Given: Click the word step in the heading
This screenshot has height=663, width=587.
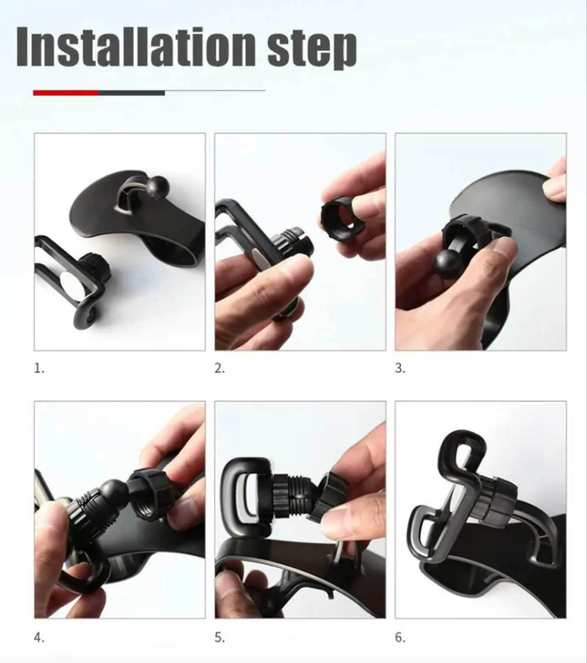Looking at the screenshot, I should click(x=312, y=49).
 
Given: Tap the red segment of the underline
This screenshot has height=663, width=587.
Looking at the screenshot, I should click(x=65, y=93).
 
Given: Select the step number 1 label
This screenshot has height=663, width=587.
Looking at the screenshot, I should click(x=39, y=369).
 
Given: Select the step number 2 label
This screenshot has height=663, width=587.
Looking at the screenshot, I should click(x=220, y=369).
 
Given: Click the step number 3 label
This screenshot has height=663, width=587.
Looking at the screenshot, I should click(x=400, y=369).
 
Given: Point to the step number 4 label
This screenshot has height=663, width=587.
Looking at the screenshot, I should click(x=39, y=637).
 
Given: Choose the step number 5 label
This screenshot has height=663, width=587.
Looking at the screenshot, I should click(x=220, y=637).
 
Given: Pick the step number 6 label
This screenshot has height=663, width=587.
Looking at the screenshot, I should click(x=400, y=637).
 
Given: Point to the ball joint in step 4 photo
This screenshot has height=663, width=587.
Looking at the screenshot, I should click(x=112, y=491).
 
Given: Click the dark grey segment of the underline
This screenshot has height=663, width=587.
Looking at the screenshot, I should click(x=132, y=93).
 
